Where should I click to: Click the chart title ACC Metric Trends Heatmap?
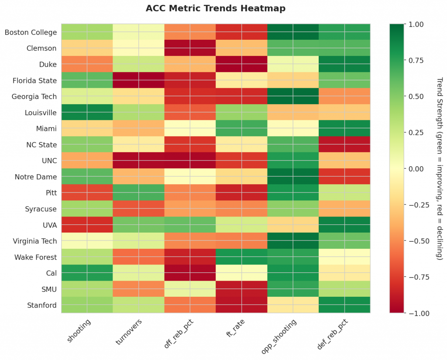[x=216, y=8]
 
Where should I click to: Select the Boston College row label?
[x=31, y=32]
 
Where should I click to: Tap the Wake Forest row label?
[x=35, y=257]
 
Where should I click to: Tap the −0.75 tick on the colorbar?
[x=413, y=277]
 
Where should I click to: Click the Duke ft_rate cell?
[x=241, y=64]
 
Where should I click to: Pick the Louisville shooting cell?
[x=87, y=113]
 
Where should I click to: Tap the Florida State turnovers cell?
[x=138, y=80]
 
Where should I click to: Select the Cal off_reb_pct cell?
[x=190, y=273]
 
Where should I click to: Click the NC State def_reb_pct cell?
[x=344, y=144]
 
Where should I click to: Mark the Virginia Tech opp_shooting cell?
[x=293, y=241]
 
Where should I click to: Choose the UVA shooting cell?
[x=87, y=225]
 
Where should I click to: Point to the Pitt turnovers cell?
[x=138, y=192]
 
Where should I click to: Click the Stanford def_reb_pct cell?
[x=344, y=305]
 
